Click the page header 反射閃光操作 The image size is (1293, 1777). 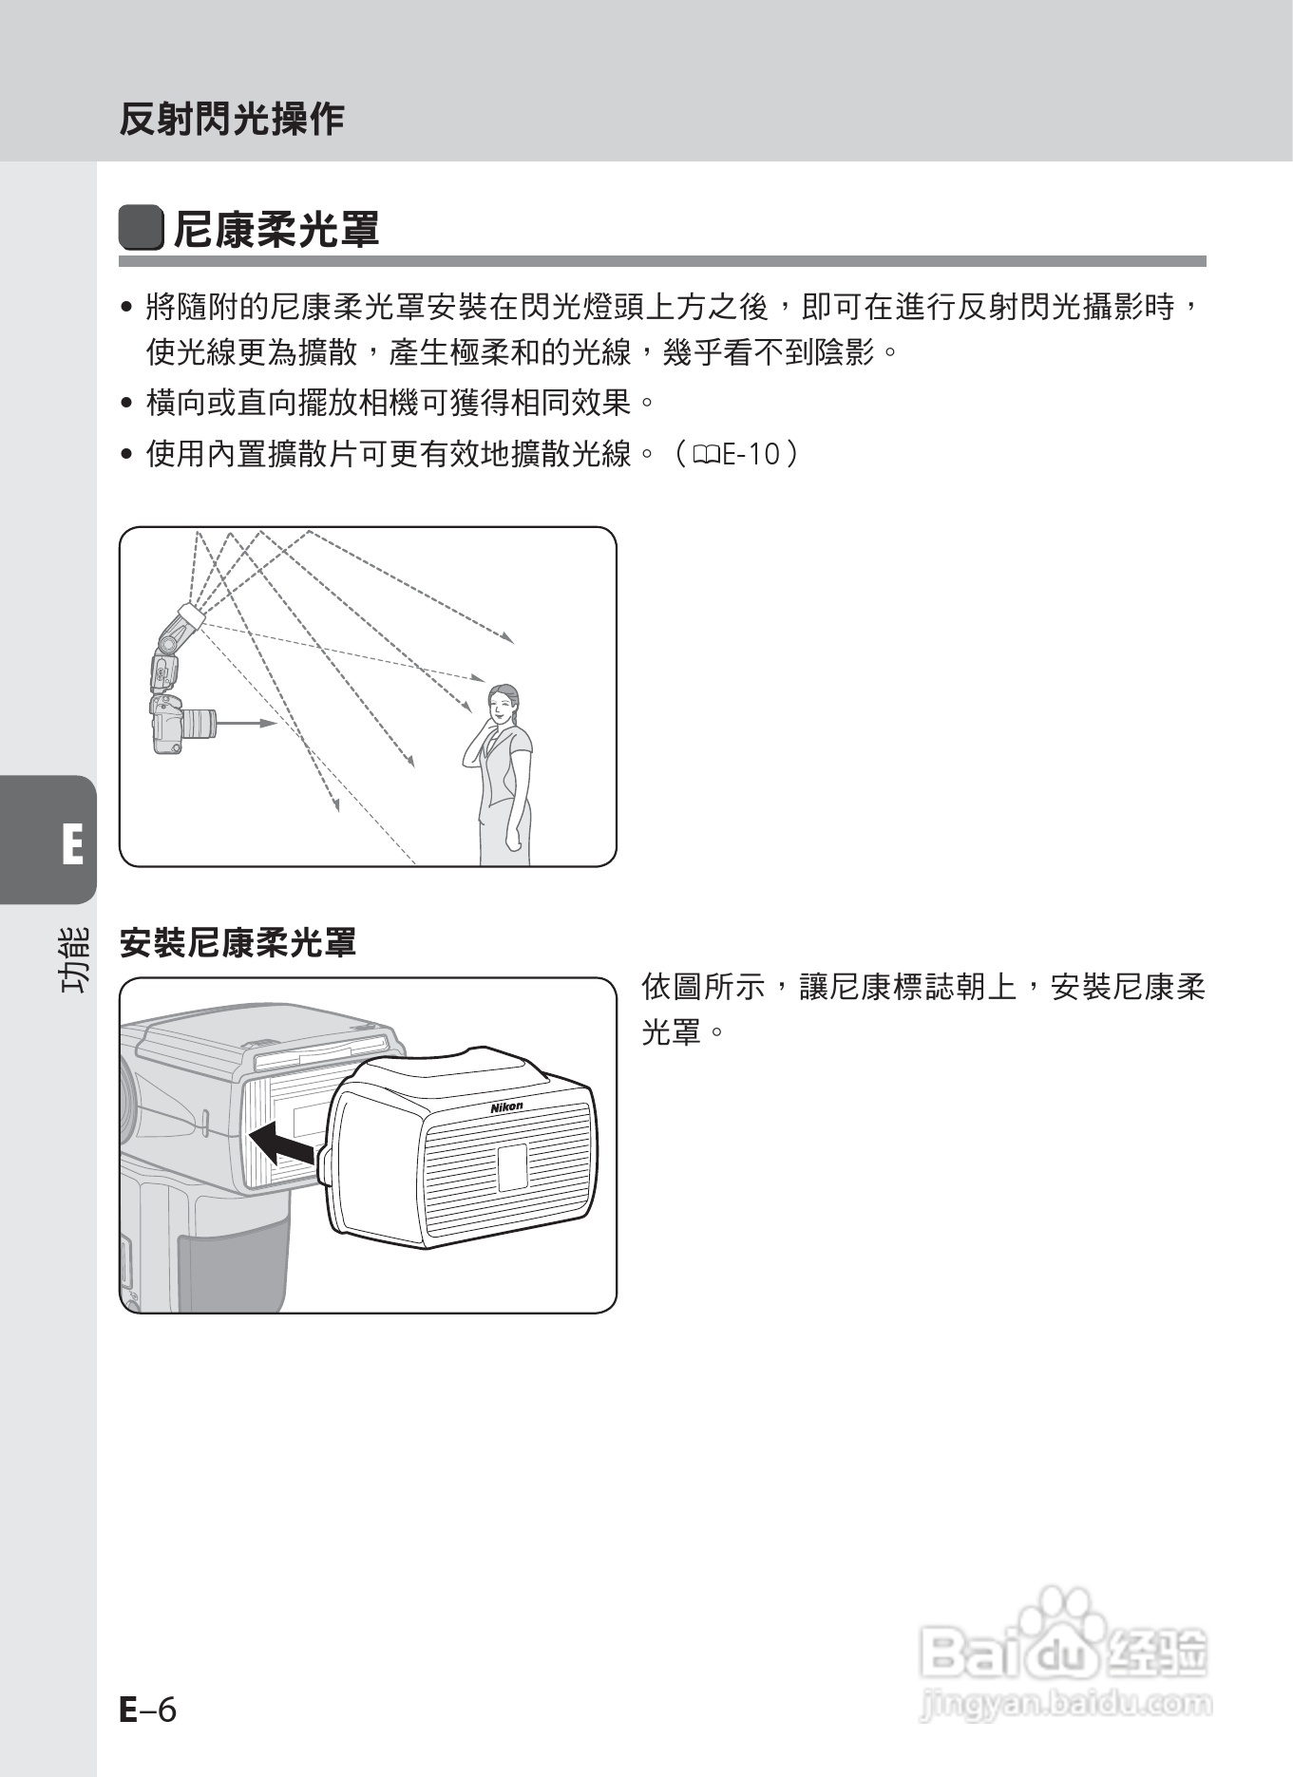231,119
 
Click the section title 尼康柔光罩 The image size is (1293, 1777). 276,230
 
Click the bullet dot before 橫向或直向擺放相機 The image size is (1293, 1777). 126,403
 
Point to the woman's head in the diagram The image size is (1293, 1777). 503,704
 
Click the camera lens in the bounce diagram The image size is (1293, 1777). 198,724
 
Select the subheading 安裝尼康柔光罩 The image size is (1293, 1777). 238,943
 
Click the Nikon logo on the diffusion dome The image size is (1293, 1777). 506,1107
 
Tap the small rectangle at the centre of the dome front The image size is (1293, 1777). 512,1166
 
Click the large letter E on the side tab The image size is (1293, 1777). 72,844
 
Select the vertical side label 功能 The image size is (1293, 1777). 74,959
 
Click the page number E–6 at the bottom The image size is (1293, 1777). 148,1710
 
